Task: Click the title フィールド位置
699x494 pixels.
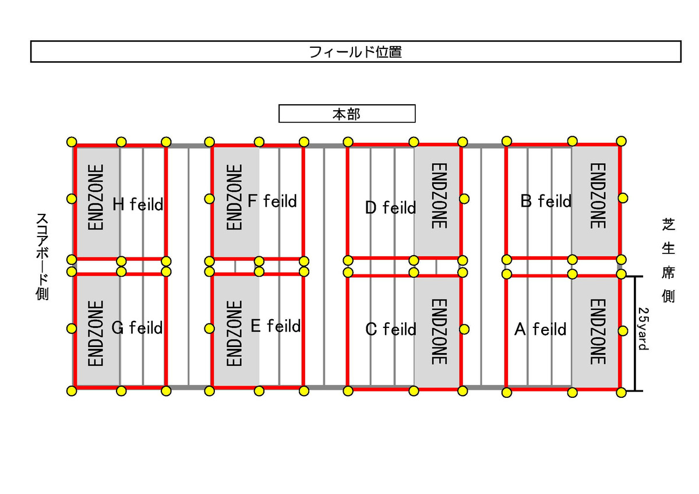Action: [355, 52]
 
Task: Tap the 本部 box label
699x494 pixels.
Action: [347, 114]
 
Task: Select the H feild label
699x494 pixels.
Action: [137, 204]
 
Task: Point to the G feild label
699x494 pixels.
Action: [137, 327]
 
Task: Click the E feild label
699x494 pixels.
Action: [276, 326]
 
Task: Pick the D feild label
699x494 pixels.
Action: [390, 207]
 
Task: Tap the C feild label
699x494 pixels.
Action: [391, 329]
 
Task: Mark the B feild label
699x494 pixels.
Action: [546, 201]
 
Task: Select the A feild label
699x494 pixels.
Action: [540, 329]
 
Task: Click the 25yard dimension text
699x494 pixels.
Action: [644, 329]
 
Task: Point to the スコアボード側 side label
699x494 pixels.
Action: [42, 256]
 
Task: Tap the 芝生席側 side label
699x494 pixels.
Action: [669, 260]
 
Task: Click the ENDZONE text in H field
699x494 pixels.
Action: [96, 197]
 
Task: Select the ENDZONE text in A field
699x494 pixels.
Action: [598, 331]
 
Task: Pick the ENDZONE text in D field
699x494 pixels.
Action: [439, 196]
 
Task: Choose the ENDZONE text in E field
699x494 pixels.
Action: [234, 333]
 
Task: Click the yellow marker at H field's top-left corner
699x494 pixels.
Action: [72, 142]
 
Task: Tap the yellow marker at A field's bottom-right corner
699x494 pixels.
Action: [622, 392]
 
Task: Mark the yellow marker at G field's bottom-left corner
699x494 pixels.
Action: [72, 391]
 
